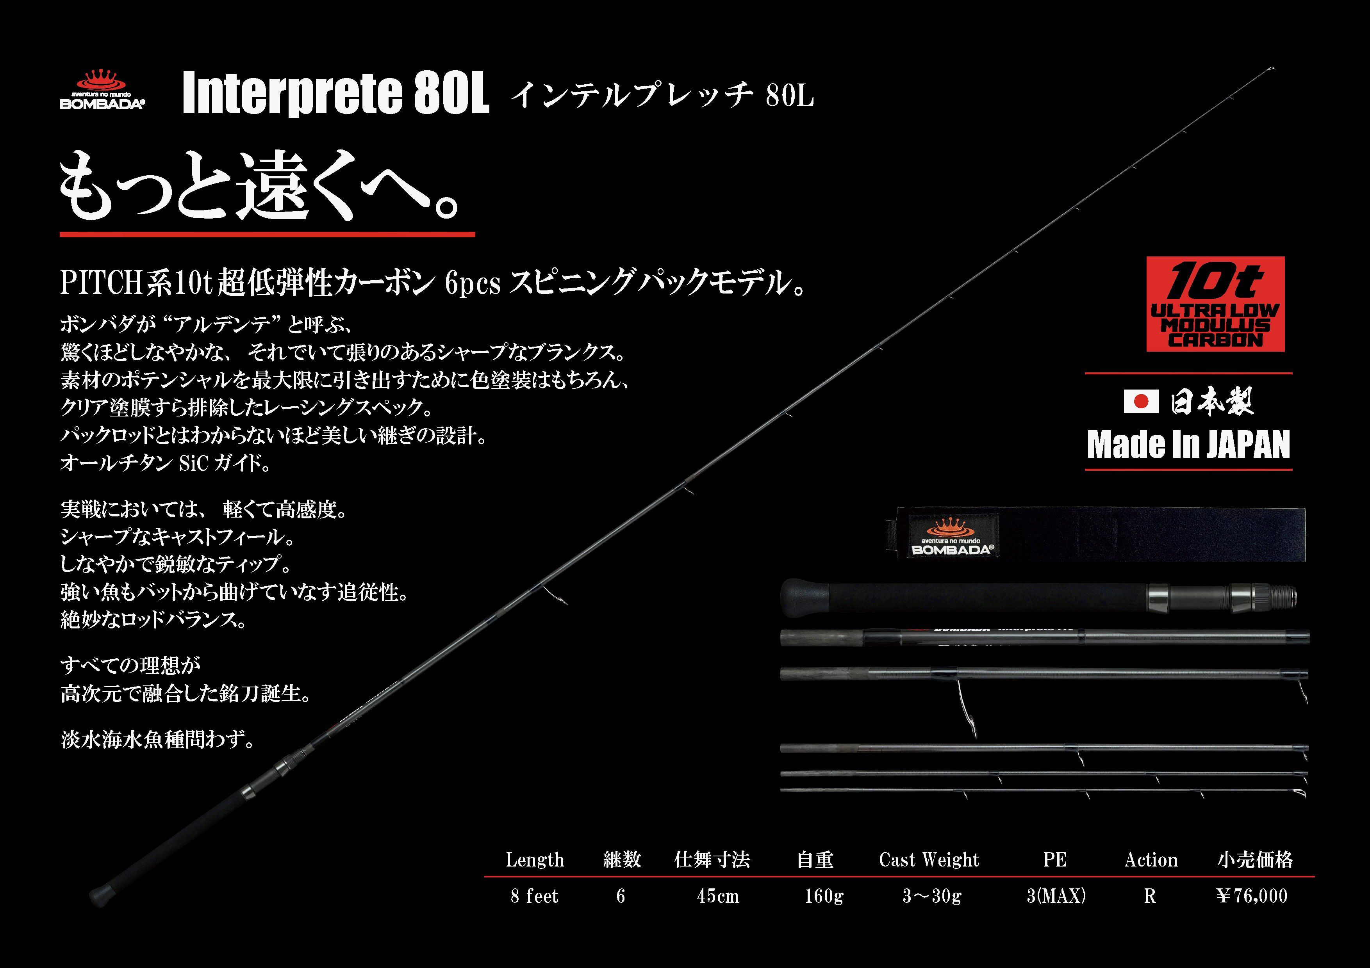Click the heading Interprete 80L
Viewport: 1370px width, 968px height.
[335, 93]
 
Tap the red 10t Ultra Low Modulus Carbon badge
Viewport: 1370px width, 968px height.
[1215, 304]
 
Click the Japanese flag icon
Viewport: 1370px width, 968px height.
[1140, 401]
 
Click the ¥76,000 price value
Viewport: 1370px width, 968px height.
[1252, 896]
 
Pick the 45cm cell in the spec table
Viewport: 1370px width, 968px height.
[718, 896]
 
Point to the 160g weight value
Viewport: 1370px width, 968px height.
[823, 896]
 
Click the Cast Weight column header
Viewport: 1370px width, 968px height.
[928, 859]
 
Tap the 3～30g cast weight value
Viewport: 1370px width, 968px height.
[931, 896]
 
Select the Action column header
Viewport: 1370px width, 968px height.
[1151, 859]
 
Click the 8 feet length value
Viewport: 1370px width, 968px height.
[534, 896]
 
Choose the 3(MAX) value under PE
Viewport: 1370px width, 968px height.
[1056, 896]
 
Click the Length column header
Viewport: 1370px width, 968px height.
[535, 859]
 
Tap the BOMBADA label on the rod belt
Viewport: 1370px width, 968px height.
[952, 536]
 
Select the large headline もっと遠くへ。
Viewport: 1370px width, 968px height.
[260, 186]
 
